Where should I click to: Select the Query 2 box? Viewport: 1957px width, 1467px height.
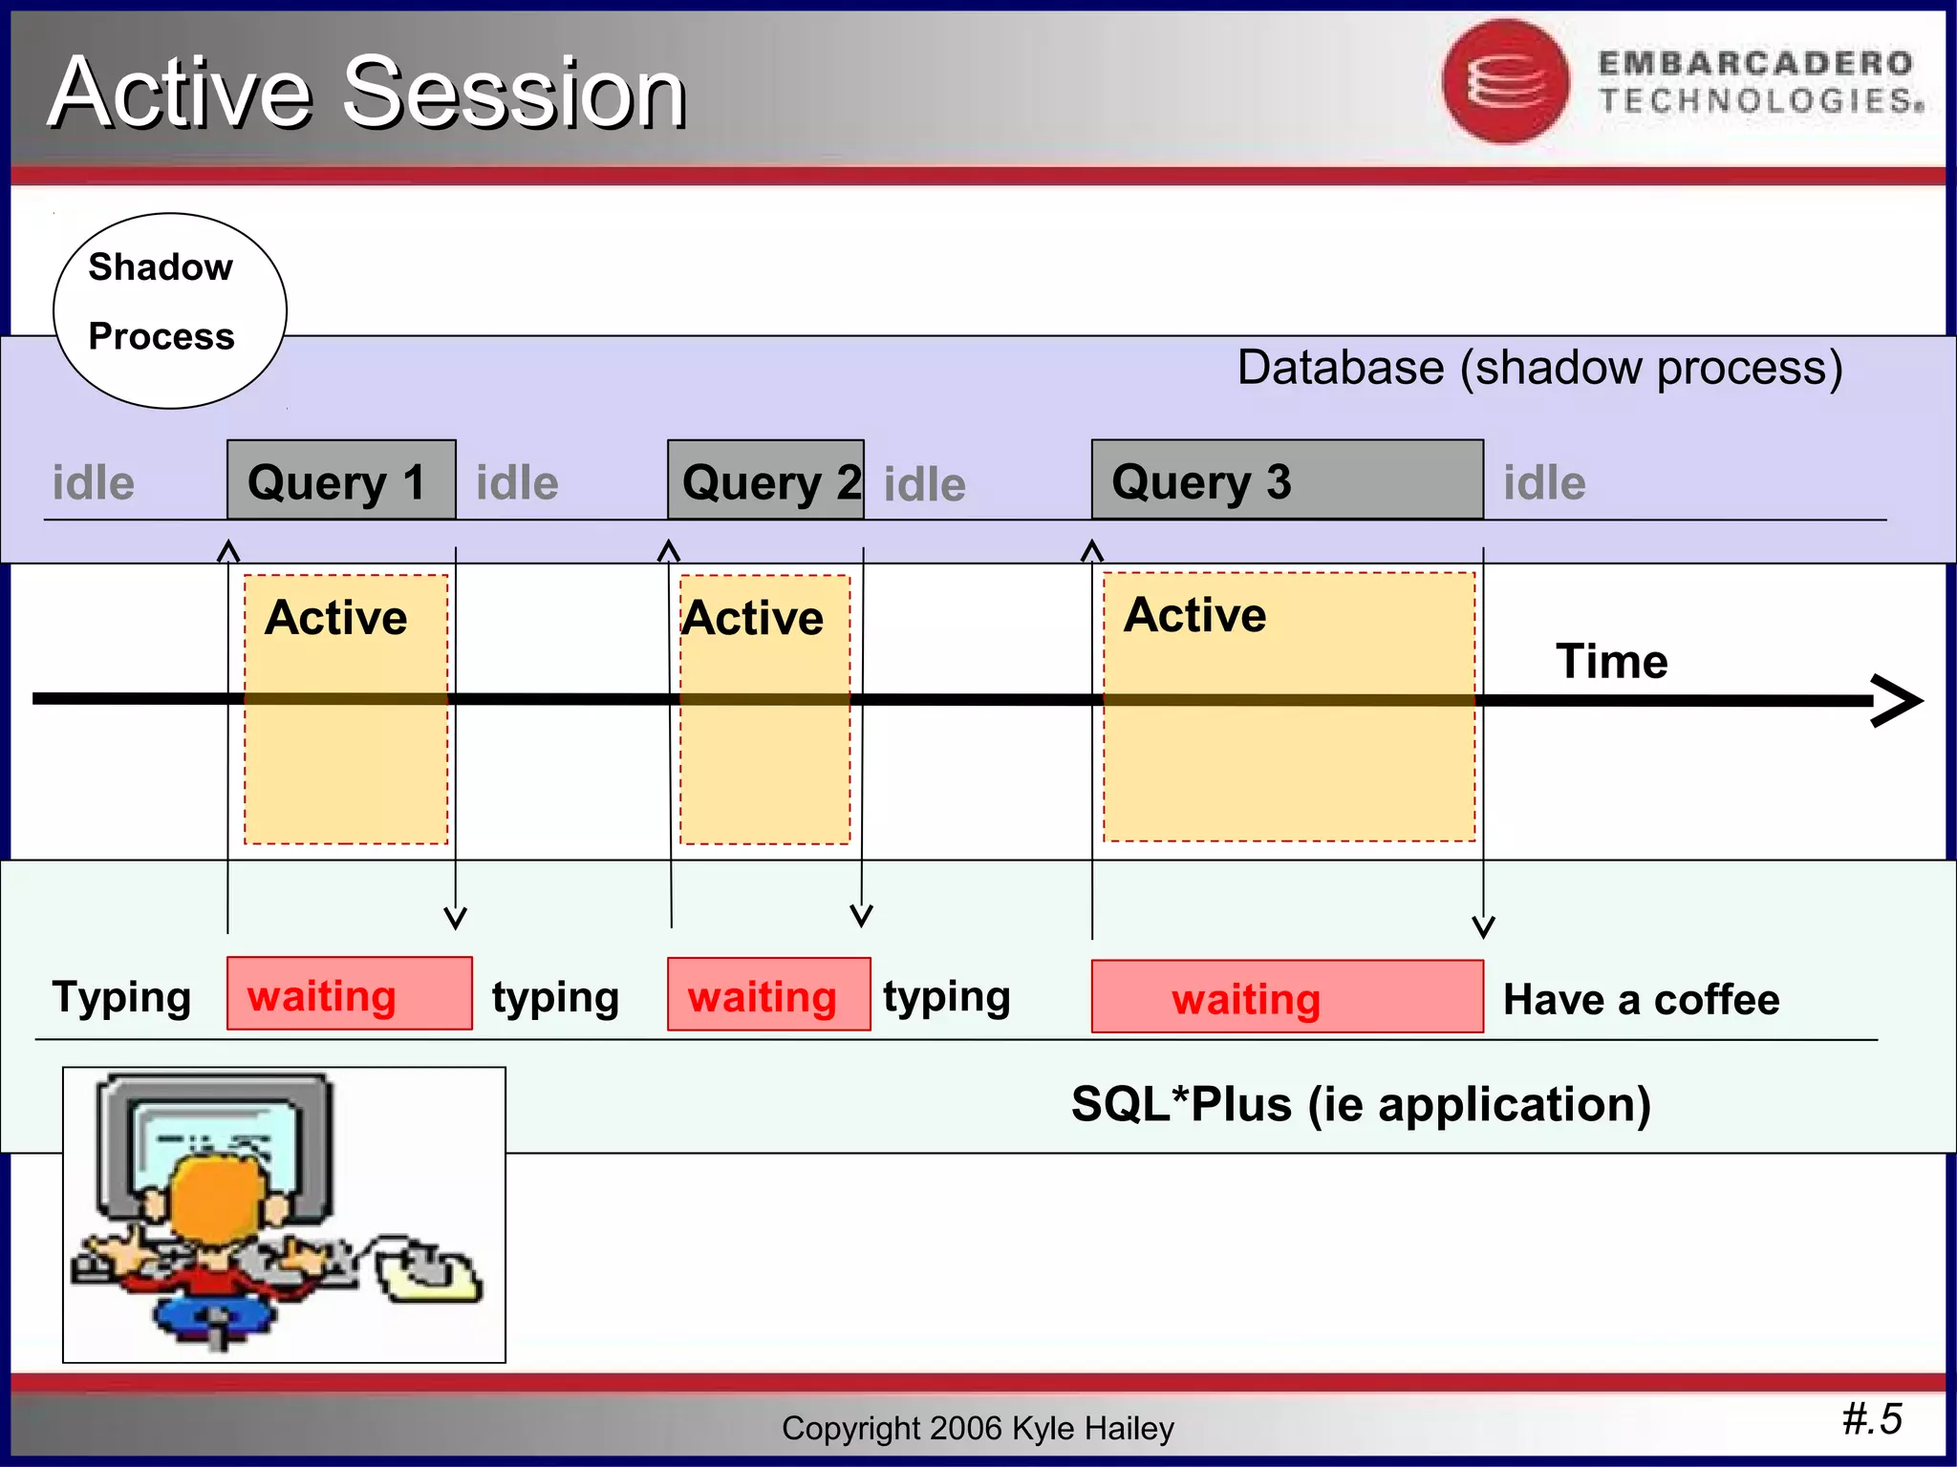pyautogui.click(x=765, y=480)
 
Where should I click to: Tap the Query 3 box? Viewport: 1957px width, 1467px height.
pyautogui.click(x=1286, y=480)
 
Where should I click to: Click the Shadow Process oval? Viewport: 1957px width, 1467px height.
pyautogui.click(x=169, y=311)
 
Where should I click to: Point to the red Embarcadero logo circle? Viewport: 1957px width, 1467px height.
pyautogui.click(x=1505, y=82)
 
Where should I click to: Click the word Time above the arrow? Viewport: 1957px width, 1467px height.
pyautogui.click(x=1611, y=661)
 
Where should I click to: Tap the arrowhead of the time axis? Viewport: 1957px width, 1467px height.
pyautogui.click(x=1897, y=701)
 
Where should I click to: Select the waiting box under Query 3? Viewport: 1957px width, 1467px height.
pyautogui.click(x=1286, y=997)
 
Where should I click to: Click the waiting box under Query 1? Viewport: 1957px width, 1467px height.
pyautogui.click(x=349, y=994)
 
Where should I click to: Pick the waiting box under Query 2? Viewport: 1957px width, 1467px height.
pyautogui.click(x=768, y=995)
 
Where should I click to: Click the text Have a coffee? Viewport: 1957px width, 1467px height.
pyautogui.click(x=1641, y=1000)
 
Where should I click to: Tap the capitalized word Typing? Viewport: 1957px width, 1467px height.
pyautogui.click(x=121, y=997)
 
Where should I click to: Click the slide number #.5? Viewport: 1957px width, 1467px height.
pyautogui.click(x=1872, y=1418)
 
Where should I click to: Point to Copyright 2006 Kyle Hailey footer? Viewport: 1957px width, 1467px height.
pyautogui.click(x=977, y=1428)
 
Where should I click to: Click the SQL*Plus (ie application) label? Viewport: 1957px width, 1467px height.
pyautogui.click(x=1361, y=1104)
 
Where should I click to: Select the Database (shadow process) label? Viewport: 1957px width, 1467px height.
pyautogui.click(x=1539, y=368)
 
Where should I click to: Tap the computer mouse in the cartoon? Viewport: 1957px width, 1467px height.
pyautogui.click(x=430, y=1275)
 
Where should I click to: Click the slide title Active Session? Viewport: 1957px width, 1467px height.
pyautogui.click(x=368, y=92)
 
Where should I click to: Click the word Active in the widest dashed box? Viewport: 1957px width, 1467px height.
pyautogui.click(x=1194, y=615)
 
